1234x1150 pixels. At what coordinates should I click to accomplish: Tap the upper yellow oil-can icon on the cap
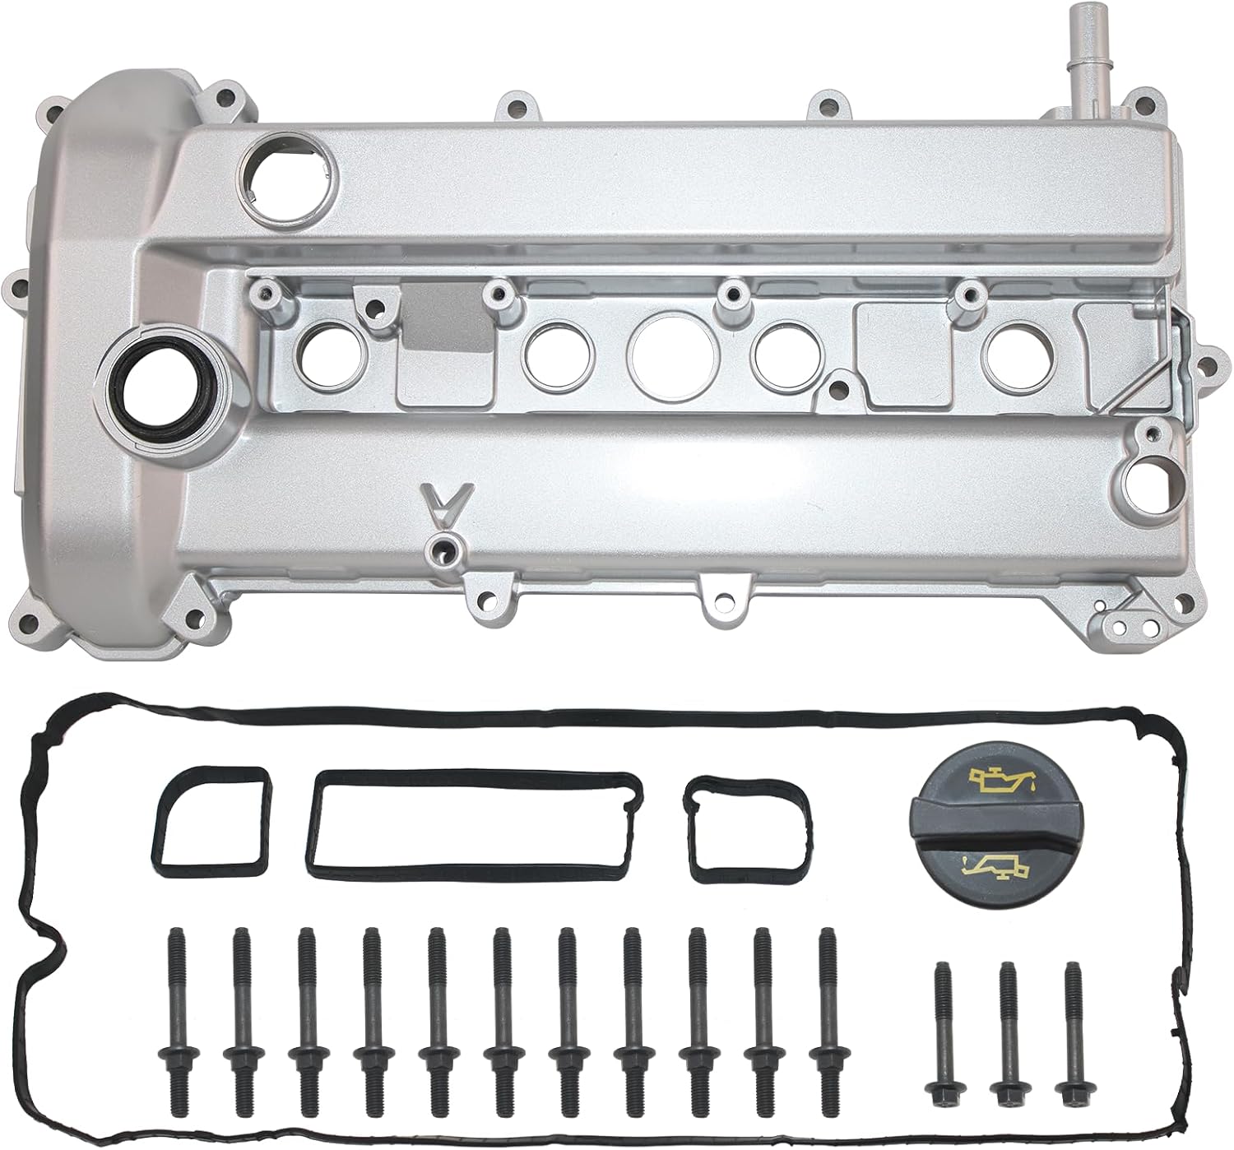pyautogui.click(x=997, y=779)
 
